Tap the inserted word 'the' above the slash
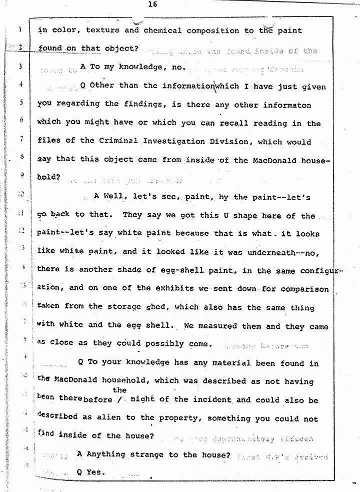coord(119,390)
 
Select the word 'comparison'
coord(305,289)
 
